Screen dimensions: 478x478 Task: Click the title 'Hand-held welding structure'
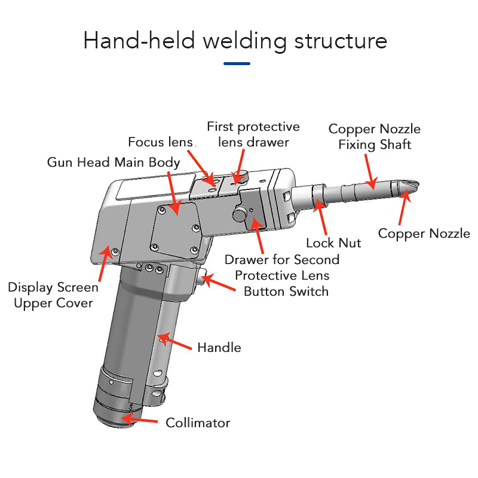[x=235, y=41]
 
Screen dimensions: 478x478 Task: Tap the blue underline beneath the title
[x=237, y=63]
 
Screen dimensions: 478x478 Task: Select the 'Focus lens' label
[x=161, y=142]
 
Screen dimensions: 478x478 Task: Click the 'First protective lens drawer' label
[x=253, y=134]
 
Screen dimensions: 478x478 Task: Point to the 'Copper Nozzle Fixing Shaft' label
[x=374, y=137]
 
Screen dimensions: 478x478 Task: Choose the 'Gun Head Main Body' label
[x=114, y=163]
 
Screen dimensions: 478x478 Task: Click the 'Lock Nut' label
[x=333, y=243]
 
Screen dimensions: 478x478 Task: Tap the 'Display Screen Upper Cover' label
[x=53, y=295]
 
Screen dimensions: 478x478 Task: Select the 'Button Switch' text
[x=286, y=292]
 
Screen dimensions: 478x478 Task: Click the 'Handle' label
[x=219, y=347]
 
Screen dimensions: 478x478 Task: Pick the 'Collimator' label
[x=198, y=422]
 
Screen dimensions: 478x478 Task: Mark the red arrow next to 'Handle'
[x=174, y=342]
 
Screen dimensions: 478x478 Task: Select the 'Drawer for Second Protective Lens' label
[x=282, y=268]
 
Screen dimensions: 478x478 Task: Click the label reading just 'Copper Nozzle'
[x=424, y=234]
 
